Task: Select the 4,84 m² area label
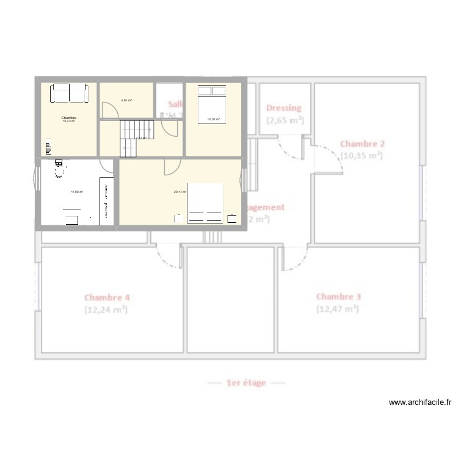click(126, 100)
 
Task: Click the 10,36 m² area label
click(213, 119)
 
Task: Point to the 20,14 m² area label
click(180, 192)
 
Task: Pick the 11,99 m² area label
click(77, 192)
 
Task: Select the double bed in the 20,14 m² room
click(205, 203)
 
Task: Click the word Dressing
click(284, 108)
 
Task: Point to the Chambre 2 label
click(362, 144)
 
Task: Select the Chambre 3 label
click(338, 297)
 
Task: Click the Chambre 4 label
click(107, 298)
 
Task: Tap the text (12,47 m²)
click(337, 309)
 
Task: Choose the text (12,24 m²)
click(106, 310)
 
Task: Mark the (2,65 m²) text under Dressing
click(285, 120)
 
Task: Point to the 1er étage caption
click(246, 383)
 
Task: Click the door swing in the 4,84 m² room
click(109, 111)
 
